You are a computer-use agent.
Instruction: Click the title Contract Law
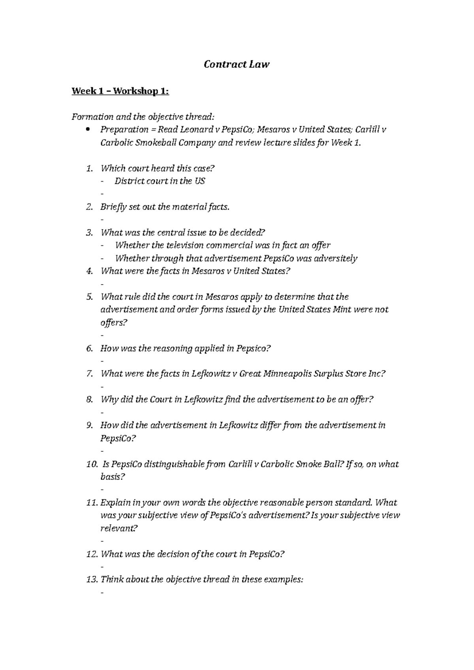click(x=236, y=64)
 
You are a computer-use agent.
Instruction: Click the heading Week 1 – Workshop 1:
click(x=120, y=92)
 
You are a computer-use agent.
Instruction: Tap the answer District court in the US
click(x=160, y=181)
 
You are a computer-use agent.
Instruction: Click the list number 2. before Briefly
click(x=90, y=207)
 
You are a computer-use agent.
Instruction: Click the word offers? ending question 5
click(x=114, y=323)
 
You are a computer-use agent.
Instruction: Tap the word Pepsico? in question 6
click(x=254, y=348)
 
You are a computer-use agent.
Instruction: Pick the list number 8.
click(x=90, y=399)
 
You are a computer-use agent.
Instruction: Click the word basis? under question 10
click(x=113, y=477)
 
